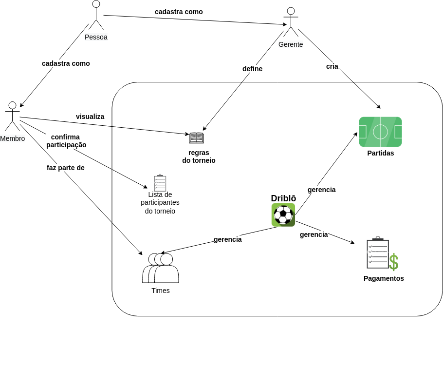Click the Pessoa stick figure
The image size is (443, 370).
pos(96,15)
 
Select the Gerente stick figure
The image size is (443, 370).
pos(291,22)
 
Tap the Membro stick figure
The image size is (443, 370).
pos(12,116)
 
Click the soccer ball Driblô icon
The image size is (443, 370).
pos(283,215)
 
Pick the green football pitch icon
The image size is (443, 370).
pos(380,132)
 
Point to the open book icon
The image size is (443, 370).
pos(196,137)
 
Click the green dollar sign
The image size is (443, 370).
pos(393,262)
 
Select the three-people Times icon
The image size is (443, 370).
pos(161,268)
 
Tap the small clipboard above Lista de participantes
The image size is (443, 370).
pos(160,183)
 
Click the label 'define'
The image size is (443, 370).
pos(252,69)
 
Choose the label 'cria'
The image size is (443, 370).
pos(332,66)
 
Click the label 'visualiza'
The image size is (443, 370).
pos(90,117)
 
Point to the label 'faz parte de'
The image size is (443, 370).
pos(66,168)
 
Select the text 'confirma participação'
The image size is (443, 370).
pos(66,141)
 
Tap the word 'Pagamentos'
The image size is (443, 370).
pos(384,278)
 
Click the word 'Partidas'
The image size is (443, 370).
pos(381,153)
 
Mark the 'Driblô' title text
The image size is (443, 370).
pos(283,198)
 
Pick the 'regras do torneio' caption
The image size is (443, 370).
pos(199,156)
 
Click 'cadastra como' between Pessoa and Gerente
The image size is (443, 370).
pos(179,12)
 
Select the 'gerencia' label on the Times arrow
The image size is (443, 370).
pos(227,239)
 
